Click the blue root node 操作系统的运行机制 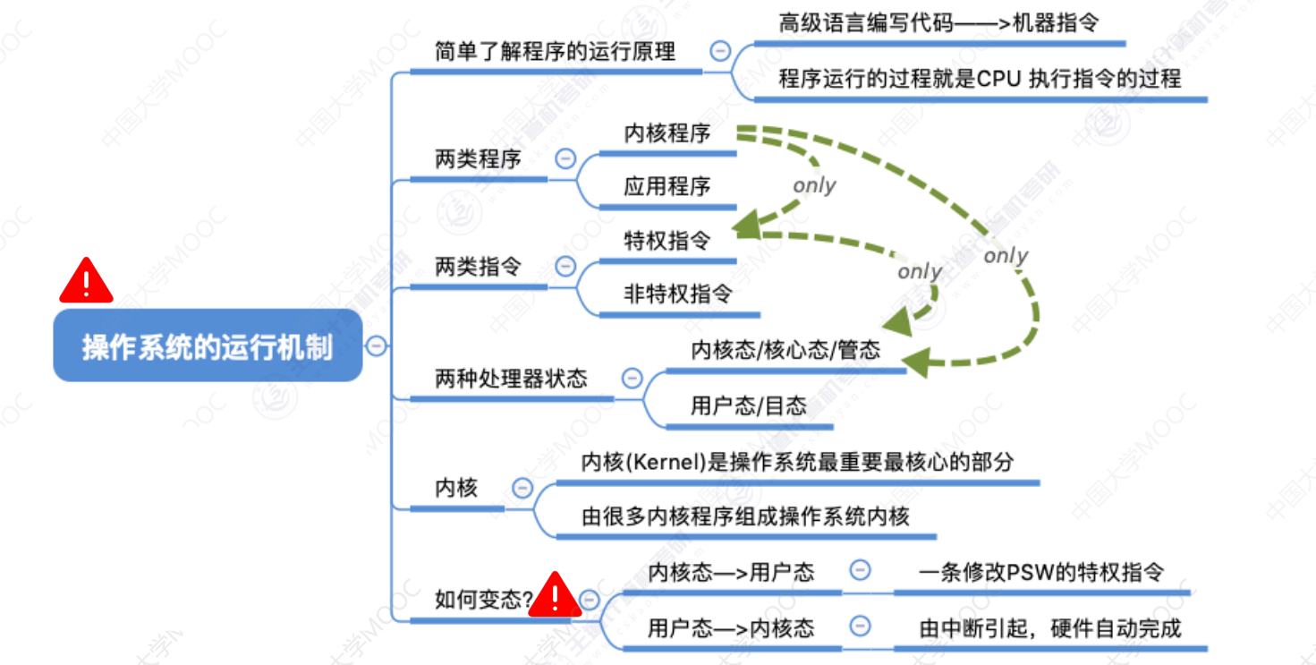pyautogui.click(x=208, y=346)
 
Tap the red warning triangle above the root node pyautogui.click(x=86, y=281)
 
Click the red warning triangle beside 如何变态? pyautogui.click(x=555, y=595)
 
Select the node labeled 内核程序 pyautogui.click(x=667, y=134)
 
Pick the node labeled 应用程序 pyautogui.click(x=667, y=186)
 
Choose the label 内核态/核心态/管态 pyautogui.click(x=785, y=350)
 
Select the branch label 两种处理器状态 pyautogui.click(x=511, y=379)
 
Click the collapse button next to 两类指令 pyautogui.click(x=565, y=266)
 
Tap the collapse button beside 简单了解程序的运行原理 pyautogui.click(x=720, y=51)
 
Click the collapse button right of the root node pyautogui.click(x=377, y=345)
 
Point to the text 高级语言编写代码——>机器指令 pyautogui.click(x=938, y=23)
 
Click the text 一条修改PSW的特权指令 pyautogui.click(x=1041, y=572)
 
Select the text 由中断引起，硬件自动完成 pyautogui.click(x=1050, y=627)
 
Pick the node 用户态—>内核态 pyautogui.click(x=731, y=627)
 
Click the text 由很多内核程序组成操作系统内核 pyautogui.click(x=745, y=516)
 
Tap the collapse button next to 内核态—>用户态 pyautogui.click(x=860, y=570)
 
